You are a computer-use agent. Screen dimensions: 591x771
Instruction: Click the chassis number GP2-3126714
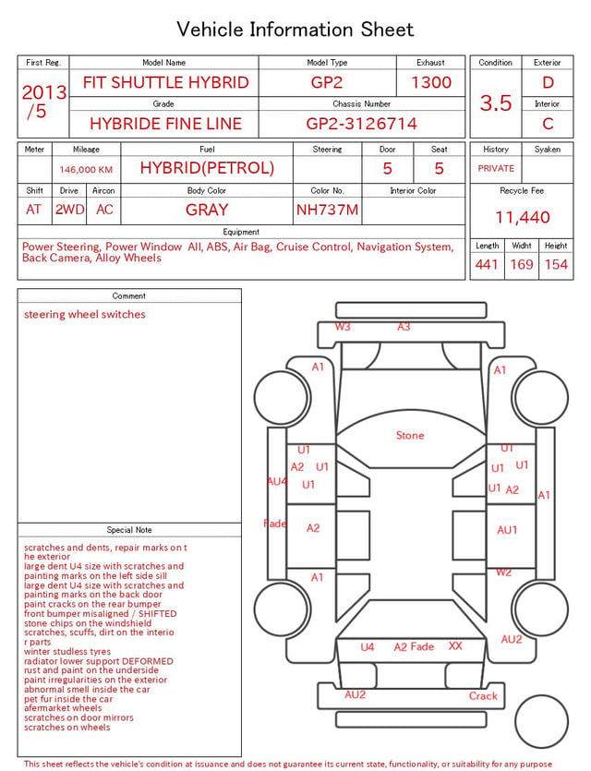coord(361,124)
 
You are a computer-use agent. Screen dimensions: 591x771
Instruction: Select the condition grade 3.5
coord(496,102)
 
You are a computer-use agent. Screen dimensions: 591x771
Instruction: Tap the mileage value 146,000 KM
coord(86,170)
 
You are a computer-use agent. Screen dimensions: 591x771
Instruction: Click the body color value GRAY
coord(207,210)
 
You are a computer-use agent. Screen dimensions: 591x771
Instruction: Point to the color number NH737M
coord(327,210)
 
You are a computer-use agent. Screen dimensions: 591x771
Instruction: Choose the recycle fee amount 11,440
coord(522,217)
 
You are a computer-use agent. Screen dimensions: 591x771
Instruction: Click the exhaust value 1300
coord(431,82)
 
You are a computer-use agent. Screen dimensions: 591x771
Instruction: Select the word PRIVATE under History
coord(496,168)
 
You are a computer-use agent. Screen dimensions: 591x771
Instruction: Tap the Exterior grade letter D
coord(548,82)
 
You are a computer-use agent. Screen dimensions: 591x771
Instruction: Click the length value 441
coord(487,264)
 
